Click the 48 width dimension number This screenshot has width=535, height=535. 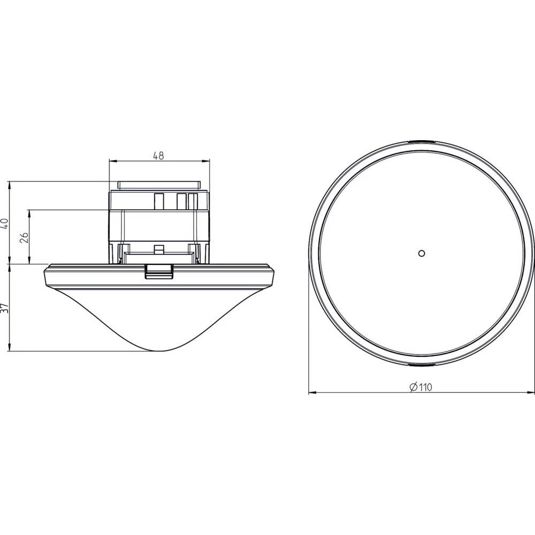(x=158, y=156)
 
